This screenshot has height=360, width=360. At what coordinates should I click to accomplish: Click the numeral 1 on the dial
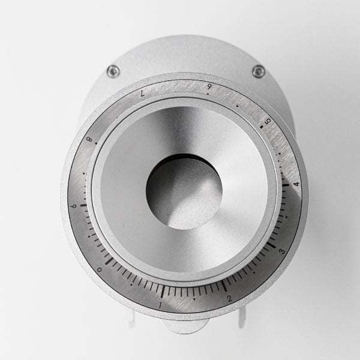tap(160, 305)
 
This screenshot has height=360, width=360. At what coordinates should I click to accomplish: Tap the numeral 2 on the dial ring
tap(229, 298)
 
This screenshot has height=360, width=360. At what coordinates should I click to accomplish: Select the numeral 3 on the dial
tap(282, 251)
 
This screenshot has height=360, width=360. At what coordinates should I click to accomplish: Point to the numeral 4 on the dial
tap(296, 184)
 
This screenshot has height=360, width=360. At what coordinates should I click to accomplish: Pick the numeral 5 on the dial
tap(268, 121)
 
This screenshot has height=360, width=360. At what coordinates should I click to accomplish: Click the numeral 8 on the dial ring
tap(89, 139)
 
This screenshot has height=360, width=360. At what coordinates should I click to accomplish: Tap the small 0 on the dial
tap(100, 269)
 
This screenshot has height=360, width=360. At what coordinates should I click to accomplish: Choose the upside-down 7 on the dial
tap(143, 93)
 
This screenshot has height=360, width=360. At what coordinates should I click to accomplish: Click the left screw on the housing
tap(113, 71)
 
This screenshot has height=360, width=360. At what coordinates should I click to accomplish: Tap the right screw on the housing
tap(259, 71)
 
